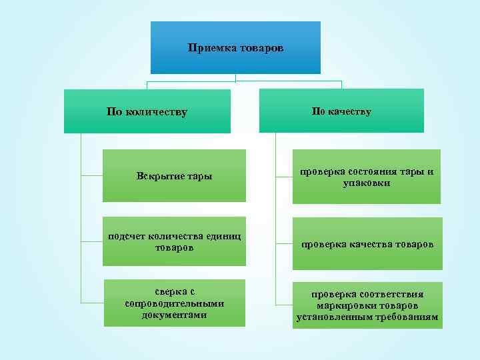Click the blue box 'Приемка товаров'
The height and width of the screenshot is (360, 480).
coord(235,47)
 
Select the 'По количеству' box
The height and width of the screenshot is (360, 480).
coord(147,111)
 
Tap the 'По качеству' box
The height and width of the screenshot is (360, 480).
coord(341,111)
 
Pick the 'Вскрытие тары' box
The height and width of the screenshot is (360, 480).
coord(174,176)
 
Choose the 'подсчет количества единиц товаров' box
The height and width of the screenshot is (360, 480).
coord(174,241)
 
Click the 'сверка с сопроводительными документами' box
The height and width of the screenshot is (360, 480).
coord(175,303)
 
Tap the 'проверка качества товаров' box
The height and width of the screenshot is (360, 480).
coord(367,244)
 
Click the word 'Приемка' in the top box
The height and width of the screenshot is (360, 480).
coord(209,48)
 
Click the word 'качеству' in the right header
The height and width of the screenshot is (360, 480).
coord(350,111)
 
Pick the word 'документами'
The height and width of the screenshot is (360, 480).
coord(175,315)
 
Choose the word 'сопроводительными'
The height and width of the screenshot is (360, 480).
coord(175,303)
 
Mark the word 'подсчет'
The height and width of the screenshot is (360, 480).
coord(123,235)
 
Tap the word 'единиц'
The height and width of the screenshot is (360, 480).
coord(224,235)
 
